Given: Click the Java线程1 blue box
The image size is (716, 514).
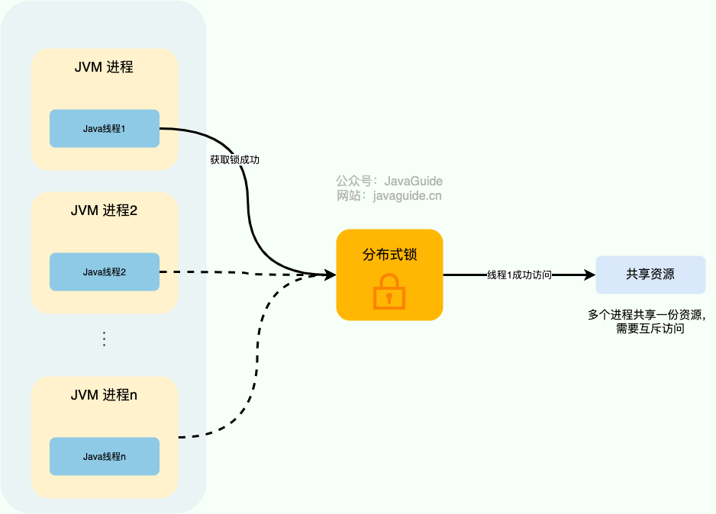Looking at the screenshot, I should point(104,129).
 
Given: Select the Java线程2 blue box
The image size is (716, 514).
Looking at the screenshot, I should point(104,271).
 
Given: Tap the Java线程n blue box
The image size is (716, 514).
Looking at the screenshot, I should point(104,456).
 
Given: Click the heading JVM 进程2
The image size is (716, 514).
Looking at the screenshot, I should point(104,210).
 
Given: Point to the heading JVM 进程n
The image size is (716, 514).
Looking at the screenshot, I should point(104,395).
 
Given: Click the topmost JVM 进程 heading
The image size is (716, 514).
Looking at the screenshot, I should point(104,67).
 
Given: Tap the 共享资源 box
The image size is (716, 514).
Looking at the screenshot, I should point(650,275).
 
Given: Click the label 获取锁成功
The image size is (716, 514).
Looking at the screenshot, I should point(240,160).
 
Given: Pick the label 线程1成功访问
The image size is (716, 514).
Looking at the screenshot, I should point(519,275).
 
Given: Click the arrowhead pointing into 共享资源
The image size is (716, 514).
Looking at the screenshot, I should point(589,275).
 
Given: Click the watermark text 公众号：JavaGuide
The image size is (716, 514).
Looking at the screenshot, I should point(389,182).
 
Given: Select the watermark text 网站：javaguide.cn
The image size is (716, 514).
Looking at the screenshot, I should point(389,196).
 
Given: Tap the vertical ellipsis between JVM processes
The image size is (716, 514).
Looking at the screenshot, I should point(105,339).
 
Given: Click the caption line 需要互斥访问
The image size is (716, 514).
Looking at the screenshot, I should point(649,329).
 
